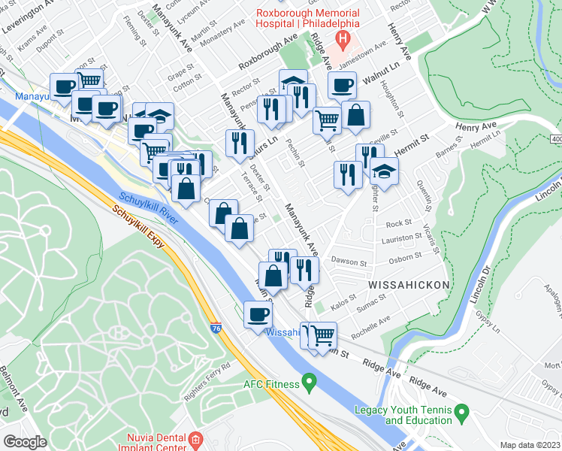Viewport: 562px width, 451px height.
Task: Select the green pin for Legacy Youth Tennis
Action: pyautogui.click(x=462, y=411)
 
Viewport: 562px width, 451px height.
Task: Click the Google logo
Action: pyautogui.click(x=26, y=441)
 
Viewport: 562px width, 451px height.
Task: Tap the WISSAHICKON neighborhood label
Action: pyautogui.click(x=408, y=285)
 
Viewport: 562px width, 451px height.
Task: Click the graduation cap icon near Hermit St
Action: pyautogui.click(x=384, y=171)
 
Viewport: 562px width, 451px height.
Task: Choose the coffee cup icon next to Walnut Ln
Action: pyautogui.click(x=342, y=86)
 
